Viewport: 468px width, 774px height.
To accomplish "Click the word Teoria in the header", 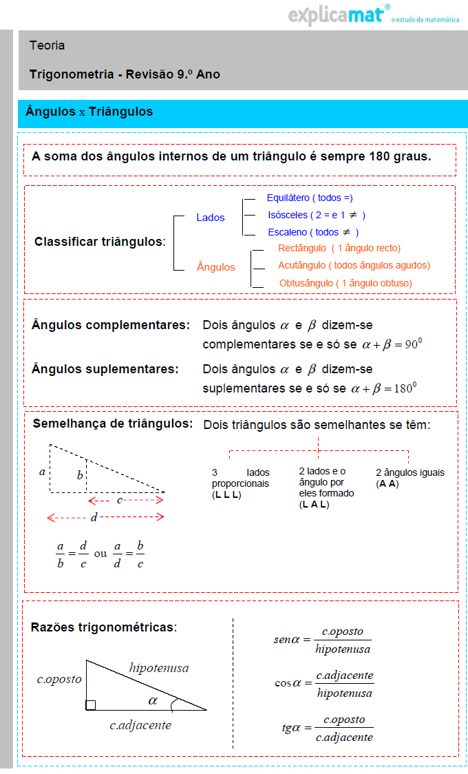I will point(47,45).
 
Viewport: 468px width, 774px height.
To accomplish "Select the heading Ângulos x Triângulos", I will point(89,112).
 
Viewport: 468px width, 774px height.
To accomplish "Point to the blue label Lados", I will point(210,218).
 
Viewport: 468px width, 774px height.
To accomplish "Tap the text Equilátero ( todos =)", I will point(310,198).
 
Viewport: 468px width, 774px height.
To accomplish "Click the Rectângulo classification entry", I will point(339,248).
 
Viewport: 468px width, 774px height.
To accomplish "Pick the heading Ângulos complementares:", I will point(110,324).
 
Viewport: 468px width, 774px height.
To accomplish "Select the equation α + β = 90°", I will point(386,344).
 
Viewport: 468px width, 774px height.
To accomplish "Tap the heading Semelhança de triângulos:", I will point(113,423).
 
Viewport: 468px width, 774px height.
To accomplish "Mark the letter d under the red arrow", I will point(94,516).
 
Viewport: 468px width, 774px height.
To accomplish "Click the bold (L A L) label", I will point(314,505).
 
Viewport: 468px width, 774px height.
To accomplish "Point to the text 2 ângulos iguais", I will point(410,472).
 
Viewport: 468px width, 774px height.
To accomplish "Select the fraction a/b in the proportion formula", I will point(61,555).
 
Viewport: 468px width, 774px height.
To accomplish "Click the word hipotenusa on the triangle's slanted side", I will point(158,667).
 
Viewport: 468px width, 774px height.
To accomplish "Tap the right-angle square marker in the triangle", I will point(90,705).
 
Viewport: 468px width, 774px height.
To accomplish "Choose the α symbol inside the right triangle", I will point(153,701).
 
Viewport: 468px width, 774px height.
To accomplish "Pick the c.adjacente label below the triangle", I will point(140,725).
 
